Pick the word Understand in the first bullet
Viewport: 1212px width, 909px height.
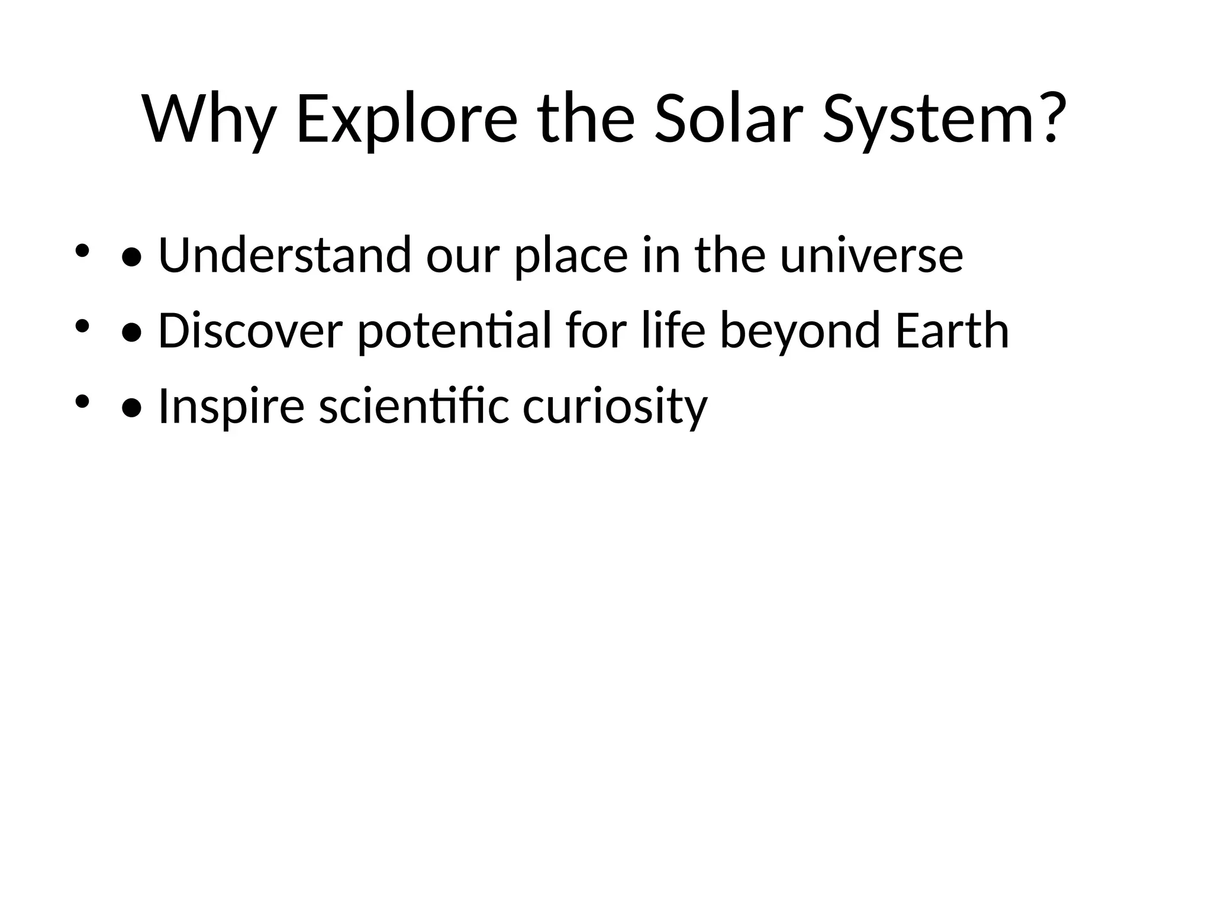[285, 255]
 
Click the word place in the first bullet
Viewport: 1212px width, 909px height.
[570, 256]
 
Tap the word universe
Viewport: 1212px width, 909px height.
[871, 256]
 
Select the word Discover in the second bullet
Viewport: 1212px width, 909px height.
[250, 331]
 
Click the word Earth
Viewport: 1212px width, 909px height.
[951, 331]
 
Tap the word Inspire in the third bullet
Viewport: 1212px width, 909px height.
[231, 407]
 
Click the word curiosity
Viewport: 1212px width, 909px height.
[615, 407]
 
